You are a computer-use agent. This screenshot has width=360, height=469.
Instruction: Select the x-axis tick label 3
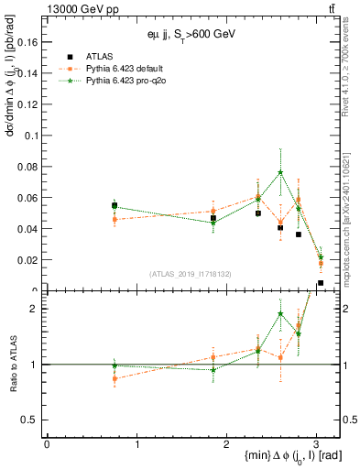tap(316, 443)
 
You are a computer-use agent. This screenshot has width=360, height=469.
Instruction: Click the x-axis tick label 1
tap(136, 443)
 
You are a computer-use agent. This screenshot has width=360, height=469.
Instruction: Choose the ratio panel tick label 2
tap(37, 309)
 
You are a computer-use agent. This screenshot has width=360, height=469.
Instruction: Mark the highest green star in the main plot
tap(280, 172)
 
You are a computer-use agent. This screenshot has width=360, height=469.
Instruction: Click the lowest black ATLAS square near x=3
tap(321, 283)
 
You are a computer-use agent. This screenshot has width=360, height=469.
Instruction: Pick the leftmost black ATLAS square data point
tap(115, 205)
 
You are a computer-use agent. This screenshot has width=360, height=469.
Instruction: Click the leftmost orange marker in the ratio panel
tap(115, 378)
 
